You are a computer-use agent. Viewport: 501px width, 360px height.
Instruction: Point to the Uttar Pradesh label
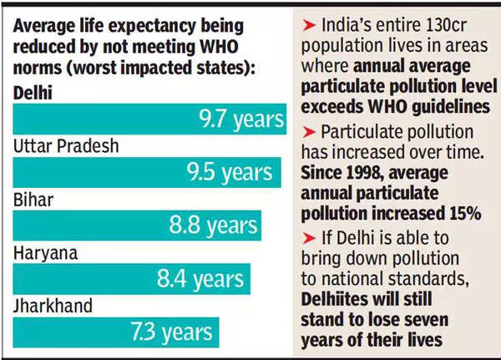(x=66, y=146)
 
